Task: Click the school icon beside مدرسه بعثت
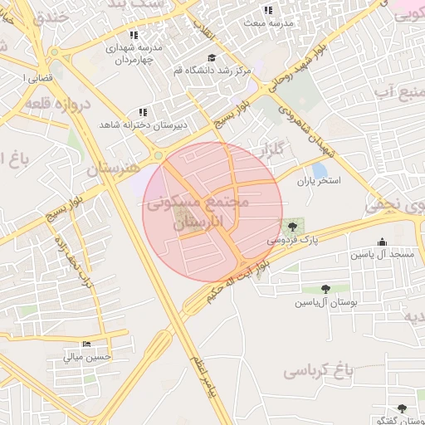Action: tap(267, 10)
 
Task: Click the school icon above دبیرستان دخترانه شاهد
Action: tap(143, 111)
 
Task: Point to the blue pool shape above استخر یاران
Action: tap(319, 169)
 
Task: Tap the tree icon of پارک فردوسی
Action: tap(291, 225)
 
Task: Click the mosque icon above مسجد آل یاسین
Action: tap(381, 242)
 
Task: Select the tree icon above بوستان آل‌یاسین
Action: tap(326, 290)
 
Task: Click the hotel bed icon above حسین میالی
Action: tap(86, 344)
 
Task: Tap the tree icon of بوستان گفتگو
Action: tap(403, 408)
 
